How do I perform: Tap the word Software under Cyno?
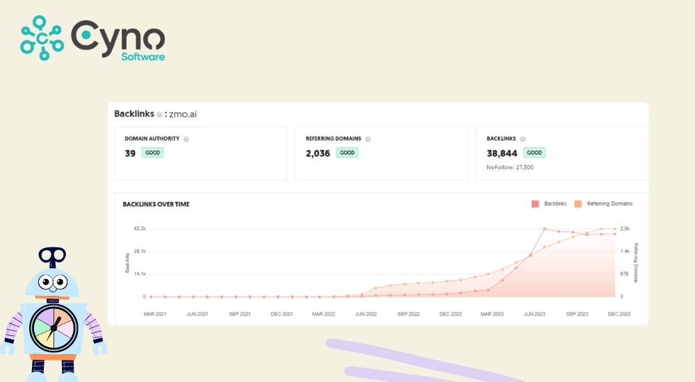[144, 56]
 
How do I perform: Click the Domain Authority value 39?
[130, 153]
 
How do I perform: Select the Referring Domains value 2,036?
[318, 153]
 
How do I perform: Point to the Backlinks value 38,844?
[502, 153]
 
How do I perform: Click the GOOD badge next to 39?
[152, 153]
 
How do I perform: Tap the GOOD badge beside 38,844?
[534, 153]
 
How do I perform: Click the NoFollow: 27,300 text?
[510, 167]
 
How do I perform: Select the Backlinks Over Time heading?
[156, 204]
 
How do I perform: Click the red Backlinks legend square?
[535, 204]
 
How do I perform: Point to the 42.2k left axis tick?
[139, 229]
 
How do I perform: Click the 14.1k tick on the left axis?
[139, 274]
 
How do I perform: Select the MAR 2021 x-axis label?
[155, 314]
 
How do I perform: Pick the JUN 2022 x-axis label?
[366, 314]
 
